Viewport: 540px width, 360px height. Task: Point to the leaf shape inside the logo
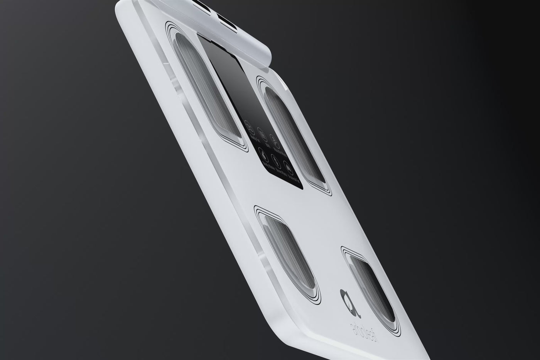344,297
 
